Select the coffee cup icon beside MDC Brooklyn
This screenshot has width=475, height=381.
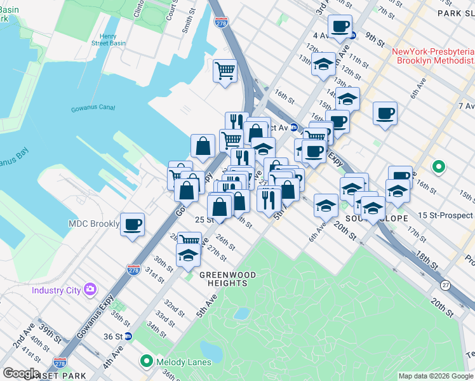tap(132, 225)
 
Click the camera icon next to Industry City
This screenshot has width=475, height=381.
tap(90, 290)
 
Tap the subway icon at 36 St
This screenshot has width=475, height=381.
tap(127, 337)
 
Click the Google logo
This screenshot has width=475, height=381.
tap(20, 373)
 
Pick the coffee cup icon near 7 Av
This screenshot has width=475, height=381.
tap(385, 114)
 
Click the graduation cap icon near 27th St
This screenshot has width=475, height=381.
tap(188, 255)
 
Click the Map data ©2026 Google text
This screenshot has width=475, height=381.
tap(435, 376)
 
